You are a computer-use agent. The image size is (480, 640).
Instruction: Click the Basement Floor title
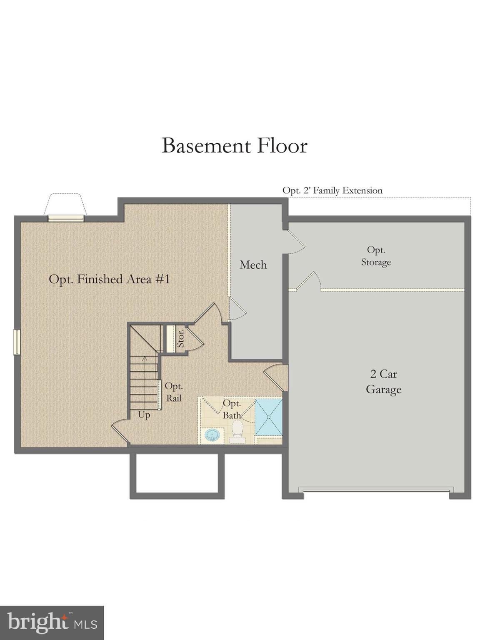point(234,146)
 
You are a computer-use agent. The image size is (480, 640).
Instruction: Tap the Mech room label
point(253,265)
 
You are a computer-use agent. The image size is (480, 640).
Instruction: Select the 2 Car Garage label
point(383,382)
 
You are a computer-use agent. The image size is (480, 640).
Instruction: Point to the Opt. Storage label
point(376,256)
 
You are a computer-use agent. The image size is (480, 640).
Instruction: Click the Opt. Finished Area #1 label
point(109,279)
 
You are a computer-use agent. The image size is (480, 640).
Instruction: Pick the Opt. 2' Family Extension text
point(332,190)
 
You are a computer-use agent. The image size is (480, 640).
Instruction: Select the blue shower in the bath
point(268,416)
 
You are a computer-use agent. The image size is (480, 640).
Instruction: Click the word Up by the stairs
point(144,415)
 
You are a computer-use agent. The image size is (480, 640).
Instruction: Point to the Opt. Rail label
point(174,392)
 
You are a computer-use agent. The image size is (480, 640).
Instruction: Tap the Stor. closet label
point(180,338)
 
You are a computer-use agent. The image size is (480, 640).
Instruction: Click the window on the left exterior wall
point(17,342)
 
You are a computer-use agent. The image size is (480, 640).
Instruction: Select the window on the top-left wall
point(65,218)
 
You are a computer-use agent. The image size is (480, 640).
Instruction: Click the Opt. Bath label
point(232,409)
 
